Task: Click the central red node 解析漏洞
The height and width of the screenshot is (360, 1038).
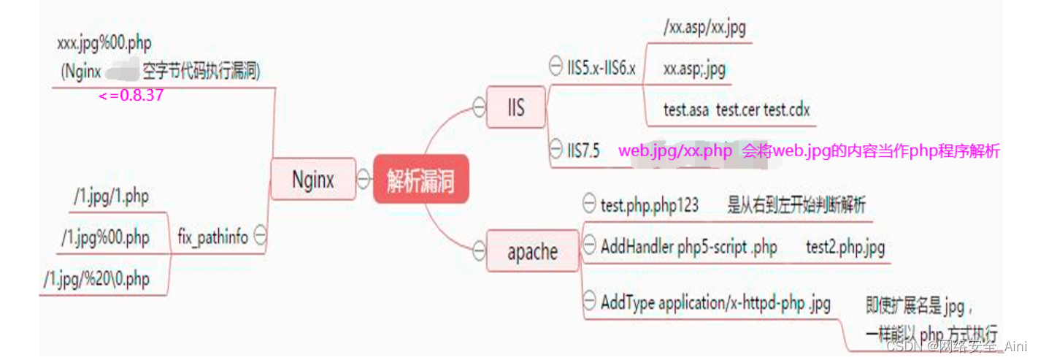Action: tap(420, 180)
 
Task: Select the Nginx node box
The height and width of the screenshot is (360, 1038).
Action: tap(312, 179)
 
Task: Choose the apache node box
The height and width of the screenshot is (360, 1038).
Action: tap(532, 252)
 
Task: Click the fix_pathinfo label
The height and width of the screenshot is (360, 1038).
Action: tap(212, 237)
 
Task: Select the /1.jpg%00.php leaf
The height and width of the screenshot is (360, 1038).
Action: tap(106, 237)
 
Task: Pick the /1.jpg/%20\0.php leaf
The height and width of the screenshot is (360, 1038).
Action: tap(96, 279)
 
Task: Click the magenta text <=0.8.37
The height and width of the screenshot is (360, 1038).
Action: tap(131, 96)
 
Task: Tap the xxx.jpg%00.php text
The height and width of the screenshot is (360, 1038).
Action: tap(104, 43)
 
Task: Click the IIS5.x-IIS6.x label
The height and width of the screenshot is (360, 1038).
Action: tap(601, 69)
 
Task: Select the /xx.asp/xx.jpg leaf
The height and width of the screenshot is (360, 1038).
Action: tap(704, 28)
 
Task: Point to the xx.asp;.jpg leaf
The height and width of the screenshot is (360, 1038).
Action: tap(694, 69)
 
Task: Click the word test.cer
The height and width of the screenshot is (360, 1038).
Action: tap(738, 110)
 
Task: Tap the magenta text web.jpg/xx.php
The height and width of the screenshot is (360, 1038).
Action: tap(675, 151)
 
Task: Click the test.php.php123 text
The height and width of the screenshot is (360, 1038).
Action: tap(650, 206)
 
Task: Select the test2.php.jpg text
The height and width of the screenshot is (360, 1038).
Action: tap(845, 248)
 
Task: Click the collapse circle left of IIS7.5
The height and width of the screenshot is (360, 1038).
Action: tap(555, 150)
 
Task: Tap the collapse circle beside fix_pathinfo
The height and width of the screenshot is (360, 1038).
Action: tap(259, 236)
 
